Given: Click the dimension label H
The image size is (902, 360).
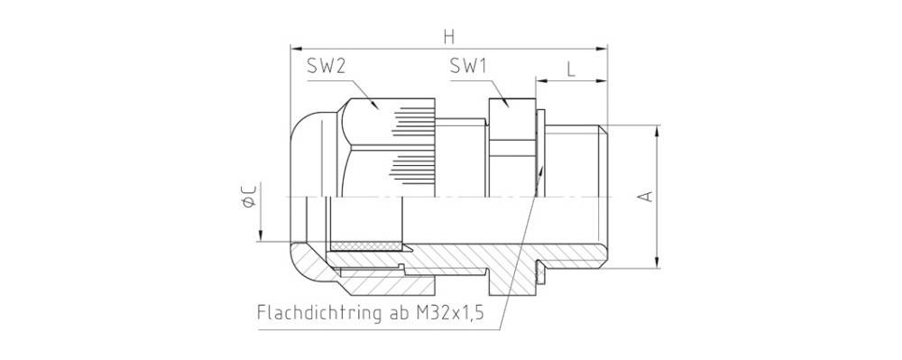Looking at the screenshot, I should (448, 36).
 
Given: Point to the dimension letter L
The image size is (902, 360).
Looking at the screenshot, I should (572, 68).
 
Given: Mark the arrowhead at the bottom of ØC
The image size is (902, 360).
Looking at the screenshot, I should (260, 236).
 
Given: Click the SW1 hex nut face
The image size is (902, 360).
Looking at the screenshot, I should (511, 117).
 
